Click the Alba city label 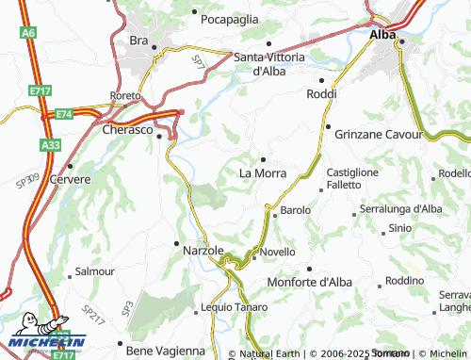click(x=382, y=34)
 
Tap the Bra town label click(x=139, y=41)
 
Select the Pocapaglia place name click(x=230, y=17)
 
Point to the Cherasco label click(x=127, y=130)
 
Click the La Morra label click(x=263, y=172)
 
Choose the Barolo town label click(x=296, y=209)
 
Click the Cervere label click(x=73, y=179)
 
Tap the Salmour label click(x=95, y=271)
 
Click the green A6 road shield click(x=30, y=33)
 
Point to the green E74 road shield click(x=63, y=114)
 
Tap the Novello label click(x=278, y=252)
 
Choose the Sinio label click(x=399, y=229)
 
